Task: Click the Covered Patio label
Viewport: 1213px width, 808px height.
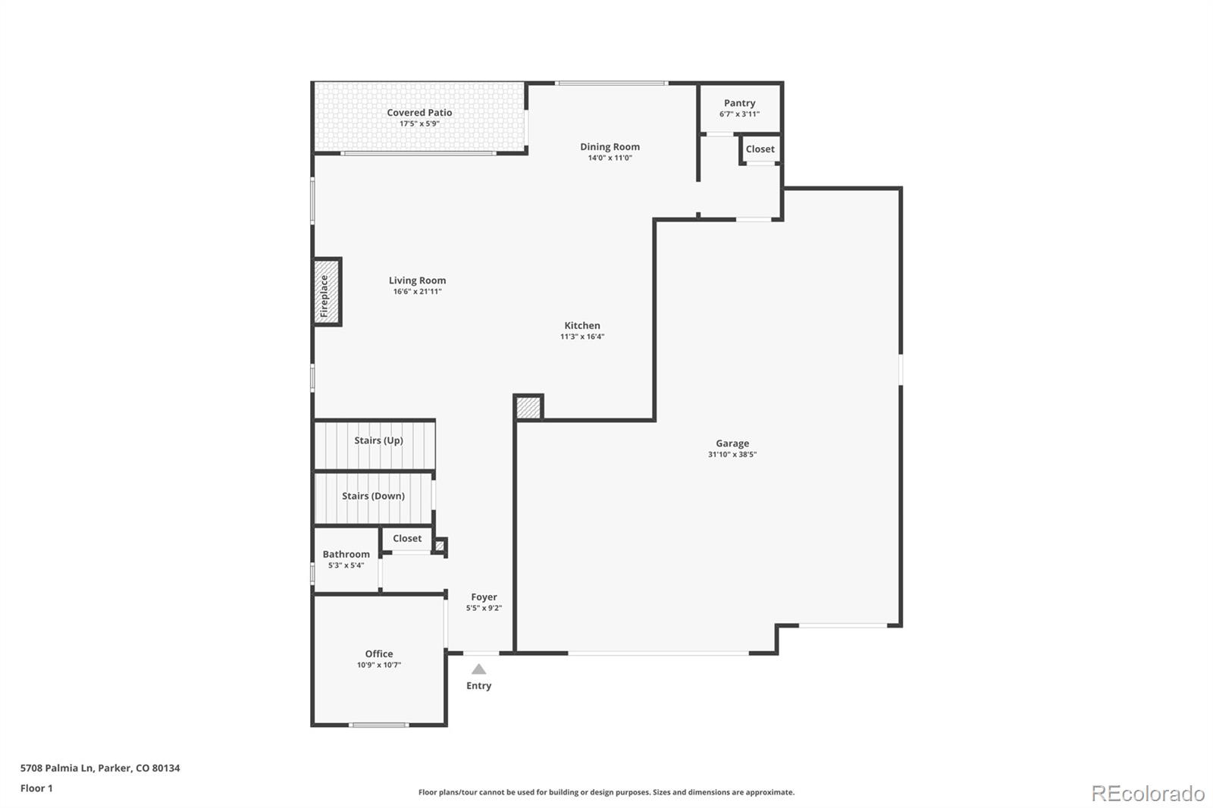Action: point(419,113)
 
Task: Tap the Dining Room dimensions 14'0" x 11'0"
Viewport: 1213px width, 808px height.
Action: point(610,158)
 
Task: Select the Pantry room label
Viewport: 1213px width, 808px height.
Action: point(739,103)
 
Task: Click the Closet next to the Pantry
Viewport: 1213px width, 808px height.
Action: point(760,149)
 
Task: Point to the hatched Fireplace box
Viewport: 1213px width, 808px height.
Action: point(327,292)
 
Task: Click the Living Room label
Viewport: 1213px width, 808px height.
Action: point(417,280)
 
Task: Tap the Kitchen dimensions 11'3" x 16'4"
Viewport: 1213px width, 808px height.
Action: point(581,337)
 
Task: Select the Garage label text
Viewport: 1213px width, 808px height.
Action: point(732,443)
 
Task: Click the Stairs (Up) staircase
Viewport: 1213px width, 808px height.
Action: point(375,444)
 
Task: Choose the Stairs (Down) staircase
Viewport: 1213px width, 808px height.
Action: point(373,496)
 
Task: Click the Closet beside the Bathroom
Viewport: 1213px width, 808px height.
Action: point(407,539)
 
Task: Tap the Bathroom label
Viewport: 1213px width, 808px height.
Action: point(346,554)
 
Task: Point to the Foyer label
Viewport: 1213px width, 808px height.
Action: point(484,597)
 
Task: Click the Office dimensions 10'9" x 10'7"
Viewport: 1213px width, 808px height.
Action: point(379,666)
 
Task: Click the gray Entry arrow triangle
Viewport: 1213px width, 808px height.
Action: point(478,669)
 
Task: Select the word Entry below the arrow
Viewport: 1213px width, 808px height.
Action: point(478,686)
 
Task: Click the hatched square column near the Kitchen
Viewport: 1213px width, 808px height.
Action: point(528,408)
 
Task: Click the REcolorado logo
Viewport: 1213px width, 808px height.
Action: point(1147,794)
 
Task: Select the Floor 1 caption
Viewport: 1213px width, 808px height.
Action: point(36,788)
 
